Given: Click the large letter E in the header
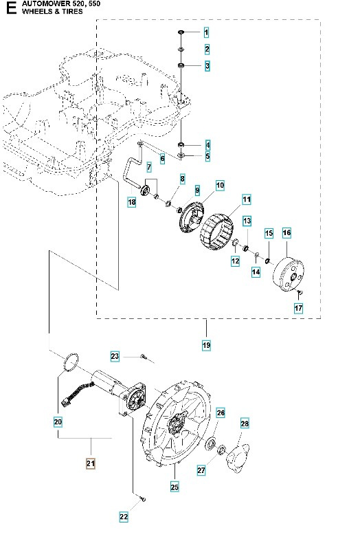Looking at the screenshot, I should pos(10,10).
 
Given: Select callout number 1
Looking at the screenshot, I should pos(206,33).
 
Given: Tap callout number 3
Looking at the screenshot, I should pos(206,66).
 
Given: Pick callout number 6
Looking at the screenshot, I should pos(162,159).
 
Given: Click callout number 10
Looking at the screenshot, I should pos(220,185).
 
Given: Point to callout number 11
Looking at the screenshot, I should pos(246,199).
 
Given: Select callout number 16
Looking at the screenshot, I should pos(286,234).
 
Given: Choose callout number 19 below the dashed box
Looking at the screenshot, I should pos(206,344).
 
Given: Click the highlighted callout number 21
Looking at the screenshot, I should pos(90,464).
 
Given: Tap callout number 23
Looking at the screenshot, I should pos(115,356).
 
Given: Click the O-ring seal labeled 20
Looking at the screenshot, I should pos(70,361).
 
